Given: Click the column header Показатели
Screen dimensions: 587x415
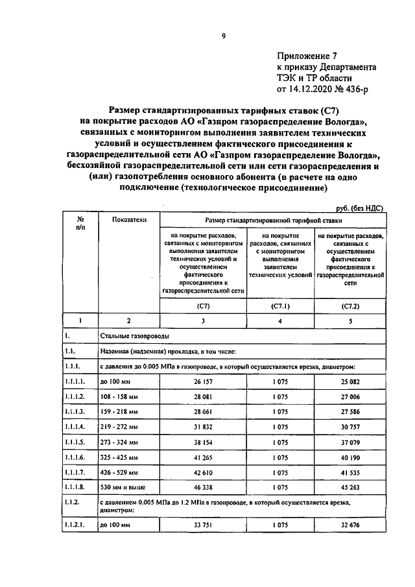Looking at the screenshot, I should click(x=128, y=221).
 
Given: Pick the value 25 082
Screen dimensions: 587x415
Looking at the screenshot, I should click(x=350, y=383).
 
